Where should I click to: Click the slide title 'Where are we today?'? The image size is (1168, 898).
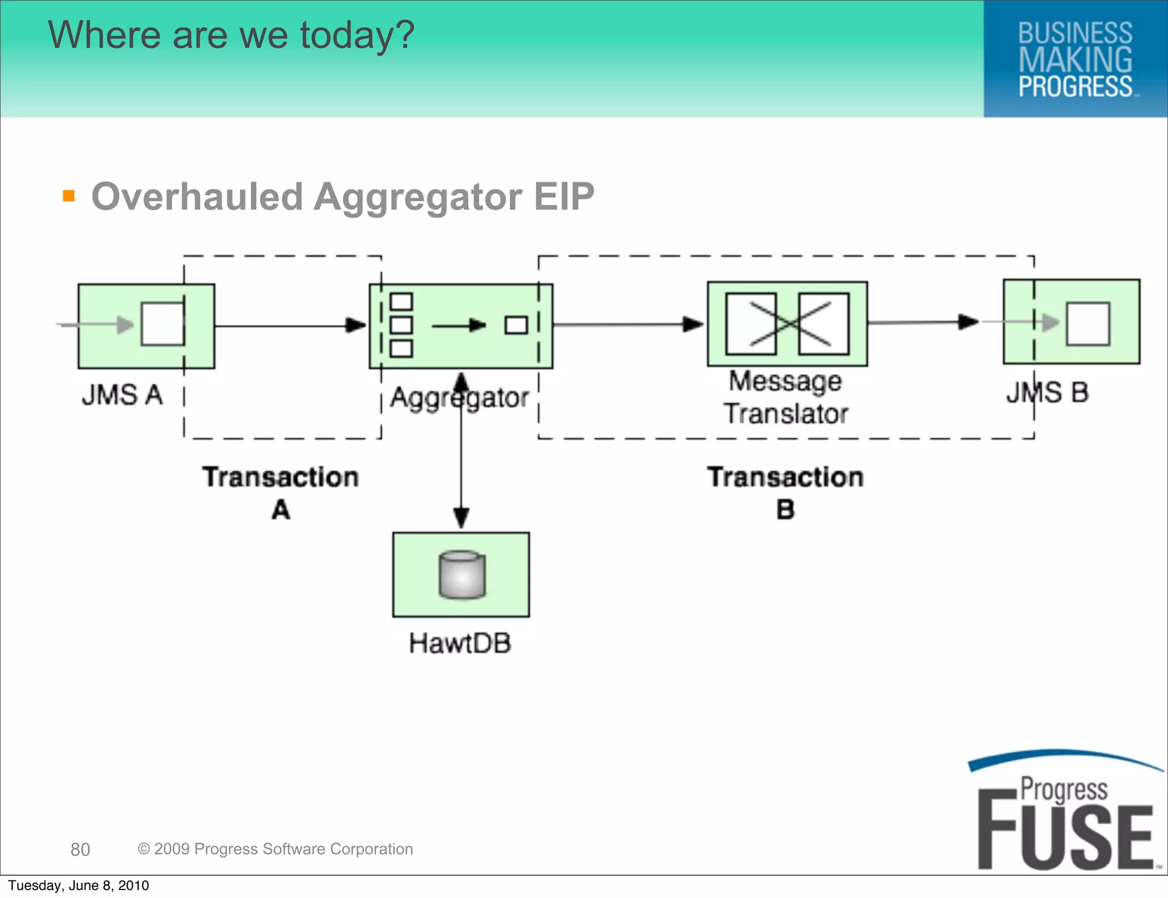[x=231, y=35]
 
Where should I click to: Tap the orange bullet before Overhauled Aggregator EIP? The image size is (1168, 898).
[x=69, y=196]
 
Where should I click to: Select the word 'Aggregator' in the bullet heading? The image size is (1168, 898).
[x=417, y=197]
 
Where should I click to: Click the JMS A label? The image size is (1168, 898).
[x=122, y=395]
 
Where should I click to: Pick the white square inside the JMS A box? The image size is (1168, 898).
[x=163, y=324]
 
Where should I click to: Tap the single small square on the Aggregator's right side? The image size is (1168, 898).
[x=516, y=325]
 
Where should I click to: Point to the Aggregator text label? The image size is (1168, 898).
[x=460, y=398]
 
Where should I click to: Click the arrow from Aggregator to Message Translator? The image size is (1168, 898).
[x=627, y=325]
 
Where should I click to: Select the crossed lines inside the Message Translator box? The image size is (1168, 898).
[x=788, y=324]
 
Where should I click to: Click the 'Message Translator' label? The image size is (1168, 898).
[x=786, y=397]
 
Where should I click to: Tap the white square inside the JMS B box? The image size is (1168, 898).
[x=1088, y=324]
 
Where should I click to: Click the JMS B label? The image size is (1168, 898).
[x=1047, y=393]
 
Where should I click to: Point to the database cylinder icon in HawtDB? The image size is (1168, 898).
[x=462, y=575]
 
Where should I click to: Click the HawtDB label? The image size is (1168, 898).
[x=460, y=644]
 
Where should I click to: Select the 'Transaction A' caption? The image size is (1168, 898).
[x=281, y=492]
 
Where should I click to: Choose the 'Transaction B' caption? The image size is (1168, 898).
[x=785, y=492]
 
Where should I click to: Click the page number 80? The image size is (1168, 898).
[x=80, y=850]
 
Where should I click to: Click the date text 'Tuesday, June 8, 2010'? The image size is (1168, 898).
[x=79, y=885]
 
